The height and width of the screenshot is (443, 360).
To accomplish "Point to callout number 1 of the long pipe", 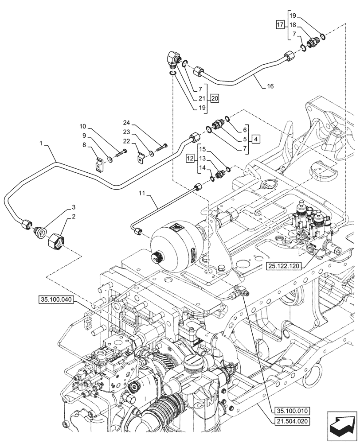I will click(41, 144).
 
